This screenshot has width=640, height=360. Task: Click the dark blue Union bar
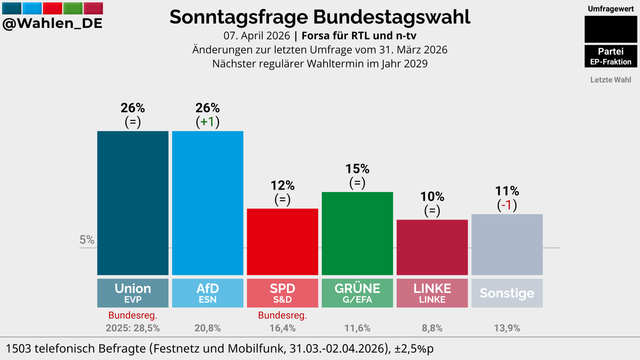tap(133, 203)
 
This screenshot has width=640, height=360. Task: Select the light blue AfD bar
tap(207, 203)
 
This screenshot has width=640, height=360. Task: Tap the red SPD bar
tap(282, 242)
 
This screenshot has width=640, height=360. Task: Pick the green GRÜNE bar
tap(357, 233)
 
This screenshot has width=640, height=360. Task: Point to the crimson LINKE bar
tap(432, 247)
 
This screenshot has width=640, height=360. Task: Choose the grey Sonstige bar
tap(507, 244)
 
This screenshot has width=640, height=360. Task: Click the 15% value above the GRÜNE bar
tap(357, 169)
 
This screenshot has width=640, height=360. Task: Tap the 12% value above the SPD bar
tap(282, 185)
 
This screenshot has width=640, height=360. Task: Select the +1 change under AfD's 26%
tap(207, 122)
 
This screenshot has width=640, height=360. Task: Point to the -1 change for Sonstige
tap(507, 205)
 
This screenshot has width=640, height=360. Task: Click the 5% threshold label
tap(87, 240)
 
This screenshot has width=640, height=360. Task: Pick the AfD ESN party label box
tap(207, 293)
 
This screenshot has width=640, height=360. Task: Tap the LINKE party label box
tap(432, 293)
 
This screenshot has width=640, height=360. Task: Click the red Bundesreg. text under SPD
tap(282, 315)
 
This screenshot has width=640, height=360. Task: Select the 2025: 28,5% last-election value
tap(133, 328)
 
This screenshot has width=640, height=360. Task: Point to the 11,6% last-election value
tap(357, 328)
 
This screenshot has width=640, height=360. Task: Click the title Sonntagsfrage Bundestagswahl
tap(320, 17)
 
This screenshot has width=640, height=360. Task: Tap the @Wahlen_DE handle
tap(52, 23)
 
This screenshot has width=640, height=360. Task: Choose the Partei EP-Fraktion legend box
tap(611, 56)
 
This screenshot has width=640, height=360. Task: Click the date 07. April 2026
tap(257, 36)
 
